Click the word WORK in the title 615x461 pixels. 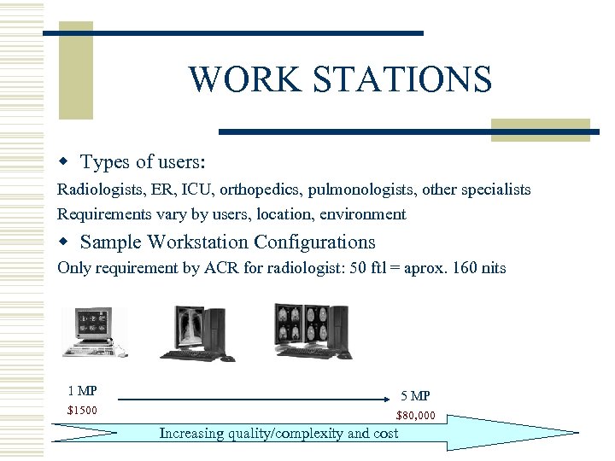pos(237,79)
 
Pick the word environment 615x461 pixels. pos(361,214)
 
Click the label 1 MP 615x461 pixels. pos(82,391)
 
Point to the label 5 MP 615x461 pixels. pos(415,395)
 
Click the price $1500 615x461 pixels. pos(82,411)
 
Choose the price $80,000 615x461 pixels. pos(415,416)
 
